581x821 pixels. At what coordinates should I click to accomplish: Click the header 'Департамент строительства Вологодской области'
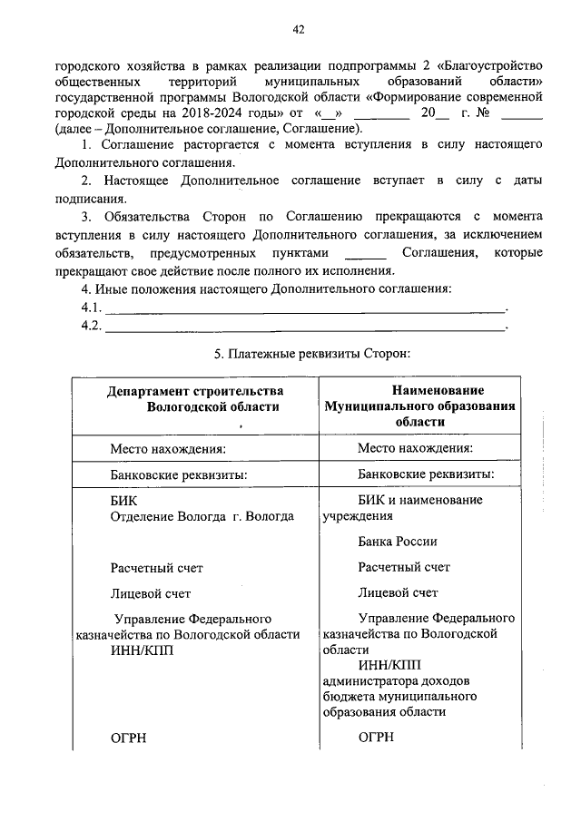(194, 399)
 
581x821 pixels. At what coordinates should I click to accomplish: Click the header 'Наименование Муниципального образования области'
(419, 406)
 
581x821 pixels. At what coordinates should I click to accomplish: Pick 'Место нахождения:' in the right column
(415, 447)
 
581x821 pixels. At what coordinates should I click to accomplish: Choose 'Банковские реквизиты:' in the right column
(426, 474)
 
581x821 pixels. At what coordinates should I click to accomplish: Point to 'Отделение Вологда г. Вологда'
(202, 516)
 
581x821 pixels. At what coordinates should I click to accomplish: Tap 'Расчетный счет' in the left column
(156, 568)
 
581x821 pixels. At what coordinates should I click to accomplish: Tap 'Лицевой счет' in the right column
(398, 593)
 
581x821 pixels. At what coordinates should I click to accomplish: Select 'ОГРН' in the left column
(128, 738)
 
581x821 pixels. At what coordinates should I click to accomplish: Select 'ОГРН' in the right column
(375, 738)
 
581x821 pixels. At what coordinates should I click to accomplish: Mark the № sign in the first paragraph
(484, 113)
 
